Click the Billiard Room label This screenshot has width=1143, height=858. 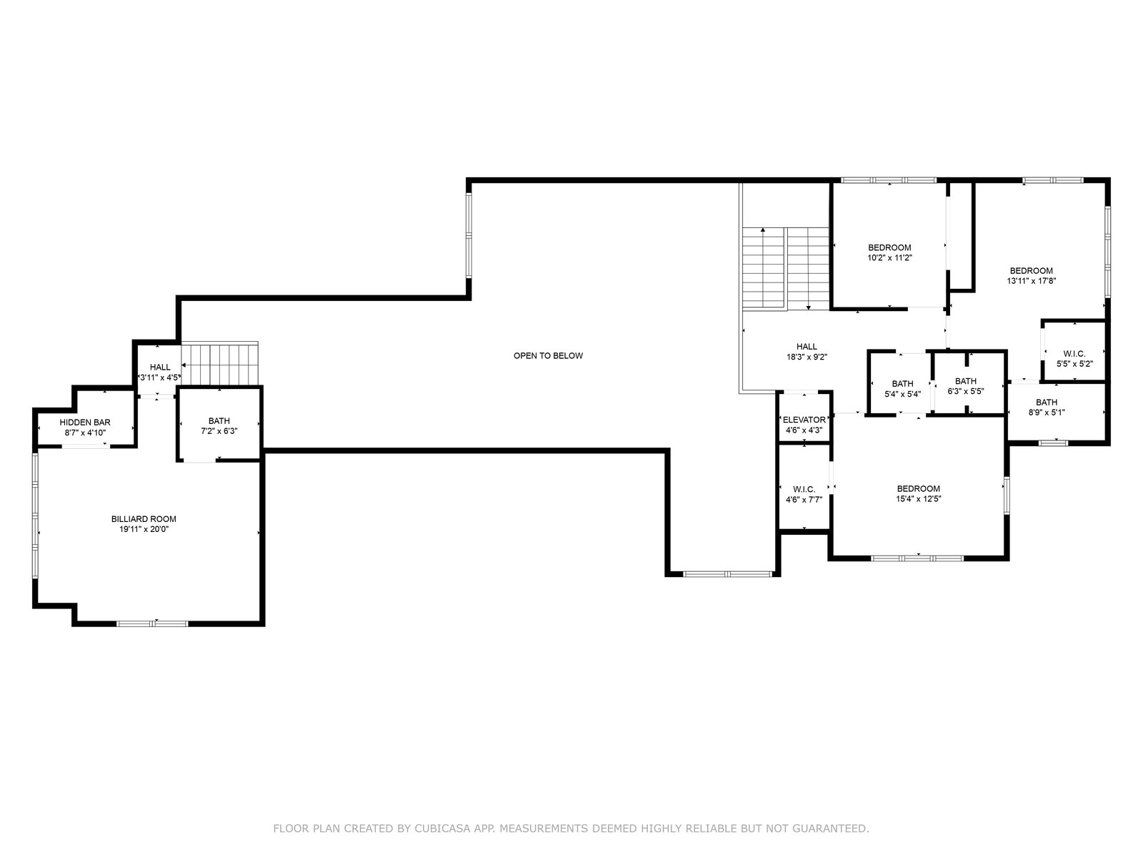point(144,519)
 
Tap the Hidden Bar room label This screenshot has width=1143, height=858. point(85,423)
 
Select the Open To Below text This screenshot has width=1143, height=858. point(549,356)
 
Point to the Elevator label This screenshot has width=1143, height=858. point(804,420)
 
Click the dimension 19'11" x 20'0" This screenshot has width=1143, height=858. point(144,529)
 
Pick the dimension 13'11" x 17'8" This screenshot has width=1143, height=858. point(1031,281)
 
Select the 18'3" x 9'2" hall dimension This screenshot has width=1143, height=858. point(807,357)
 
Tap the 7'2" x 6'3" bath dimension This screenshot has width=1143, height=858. point(219,431)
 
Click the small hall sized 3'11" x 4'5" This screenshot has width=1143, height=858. point(160,368)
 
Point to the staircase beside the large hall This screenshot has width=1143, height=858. point(786,269)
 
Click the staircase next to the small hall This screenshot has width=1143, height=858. point(220,364)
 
